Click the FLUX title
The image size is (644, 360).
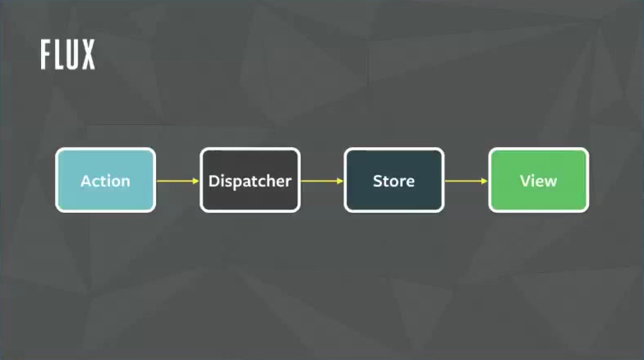[x=68, y=55]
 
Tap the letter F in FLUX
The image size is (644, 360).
[x=47, y=55]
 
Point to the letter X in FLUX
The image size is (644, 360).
[x=87, y=55]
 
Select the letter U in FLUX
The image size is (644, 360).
[x=73, y=55]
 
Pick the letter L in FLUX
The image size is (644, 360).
[x=59, y=55]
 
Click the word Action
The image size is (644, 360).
[x=105, y=181]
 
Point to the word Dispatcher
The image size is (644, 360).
[x=250, y=181]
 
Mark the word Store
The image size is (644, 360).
[x=394, y=181]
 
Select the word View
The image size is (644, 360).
[x=539, y=181]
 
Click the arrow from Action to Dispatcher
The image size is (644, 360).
[x=177, y=181]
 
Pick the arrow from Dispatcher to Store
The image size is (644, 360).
[x=322, y=181]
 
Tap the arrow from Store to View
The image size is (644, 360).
[x=467, y=181]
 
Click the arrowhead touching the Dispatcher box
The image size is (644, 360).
[x=195, y=181]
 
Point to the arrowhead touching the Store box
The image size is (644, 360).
[x=340, y=181]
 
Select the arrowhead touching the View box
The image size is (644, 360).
[x=485, y=181]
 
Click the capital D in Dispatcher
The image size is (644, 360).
[x=214, y=181]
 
